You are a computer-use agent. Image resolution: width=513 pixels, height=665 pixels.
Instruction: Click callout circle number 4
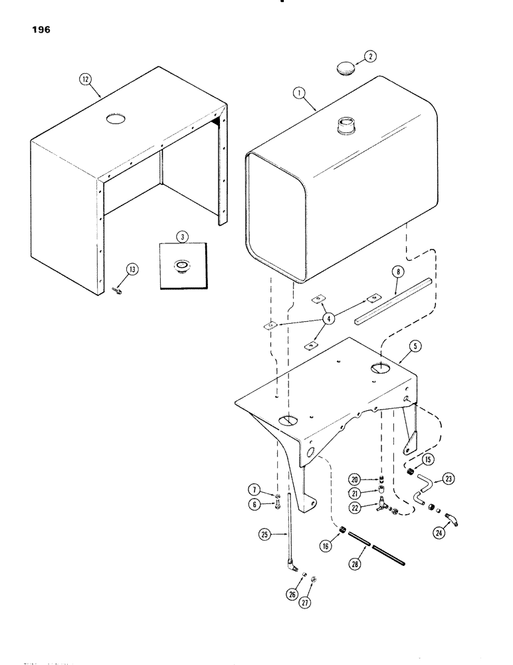click(326, 319)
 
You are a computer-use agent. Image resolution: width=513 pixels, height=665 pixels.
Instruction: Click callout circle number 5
click(414, 346)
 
